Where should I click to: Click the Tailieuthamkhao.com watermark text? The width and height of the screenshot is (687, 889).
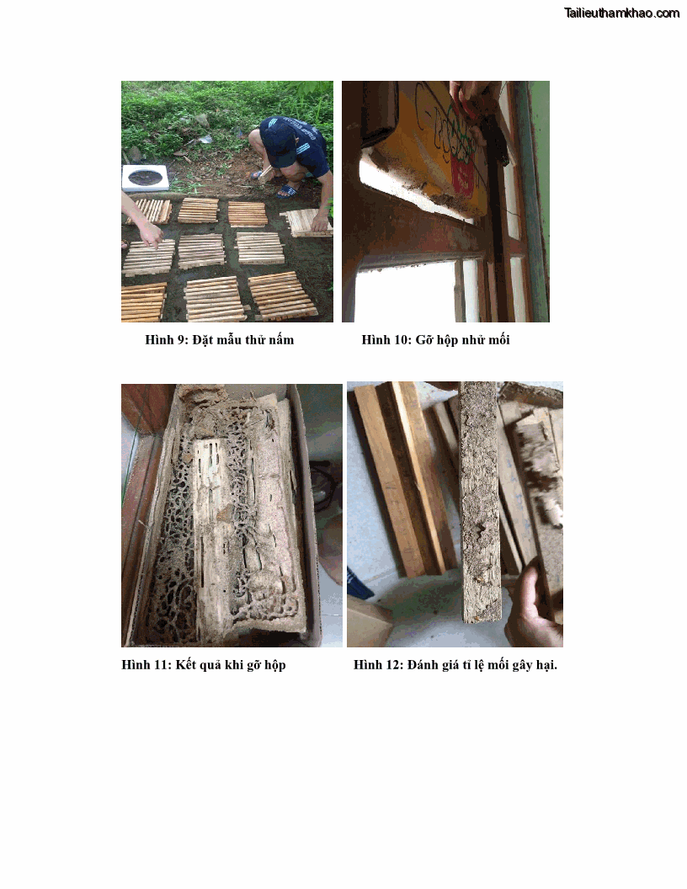point(622,13)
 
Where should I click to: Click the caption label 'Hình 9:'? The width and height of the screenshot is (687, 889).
point(166,339)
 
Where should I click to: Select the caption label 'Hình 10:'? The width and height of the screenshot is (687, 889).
point(386,339)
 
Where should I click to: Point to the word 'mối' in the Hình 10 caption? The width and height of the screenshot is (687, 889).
point(498,339)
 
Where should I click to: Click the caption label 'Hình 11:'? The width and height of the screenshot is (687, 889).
point(146,664)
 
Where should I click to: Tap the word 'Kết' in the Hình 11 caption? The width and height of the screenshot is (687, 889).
point(185,664)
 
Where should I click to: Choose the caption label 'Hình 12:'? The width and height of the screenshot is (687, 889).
point(379,664)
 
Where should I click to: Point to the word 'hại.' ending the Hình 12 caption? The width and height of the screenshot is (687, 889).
point(546,665)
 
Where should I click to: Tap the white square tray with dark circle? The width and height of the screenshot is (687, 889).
point(146,178)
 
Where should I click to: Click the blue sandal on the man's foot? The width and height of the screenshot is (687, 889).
point(287,190)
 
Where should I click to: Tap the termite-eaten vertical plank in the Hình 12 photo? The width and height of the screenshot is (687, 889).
point(480,502)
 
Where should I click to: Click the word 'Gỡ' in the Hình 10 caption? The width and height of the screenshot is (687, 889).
point(423,340)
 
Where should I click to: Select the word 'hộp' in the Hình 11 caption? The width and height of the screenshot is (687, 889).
point(274,666)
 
